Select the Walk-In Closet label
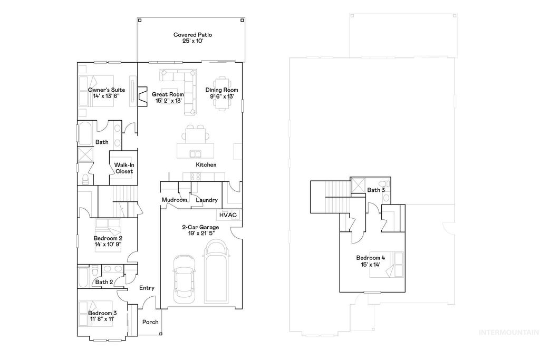124,168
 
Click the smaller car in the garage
184,281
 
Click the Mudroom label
174,200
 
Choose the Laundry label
207,200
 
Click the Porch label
151,322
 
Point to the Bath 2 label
104,282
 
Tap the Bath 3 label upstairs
376,190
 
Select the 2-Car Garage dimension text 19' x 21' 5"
200,233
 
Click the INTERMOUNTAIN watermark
508,333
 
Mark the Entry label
147,288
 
